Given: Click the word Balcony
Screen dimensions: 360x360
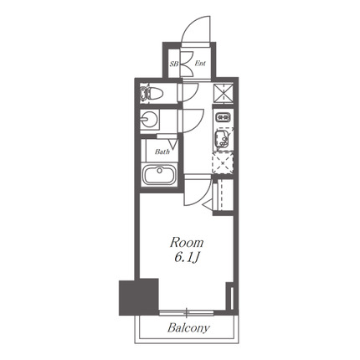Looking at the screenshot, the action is pos(188,327).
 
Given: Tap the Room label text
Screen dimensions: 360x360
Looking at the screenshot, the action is pos(187,243).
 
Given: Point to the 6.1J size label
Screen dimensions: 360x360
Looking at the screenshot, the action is pos(187,258).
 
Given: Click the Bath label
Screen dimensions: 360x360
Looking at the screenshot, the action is pos(162,152).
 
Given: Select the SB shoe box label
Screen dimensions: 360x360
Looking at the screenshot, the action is pos(174,64).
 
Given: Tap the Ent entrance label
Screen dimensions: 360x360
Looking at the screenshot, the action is pos(200,64).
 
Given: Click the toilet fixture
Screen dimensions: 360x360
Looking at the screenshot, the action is pos(151,93).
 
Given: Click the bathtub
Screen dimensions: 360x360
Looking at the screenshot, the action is pos(159,174).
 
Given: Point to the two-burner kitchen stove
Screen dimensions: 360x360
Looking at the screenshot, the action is pos(223,117).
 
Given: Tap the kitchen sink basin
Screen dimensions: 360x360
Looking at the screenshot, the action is pos(223,139).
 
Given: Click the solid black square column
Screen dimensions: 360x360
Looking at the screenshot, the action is pos(139,297).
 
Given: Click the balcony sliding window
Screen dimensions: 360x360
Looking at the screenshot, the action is pos(187,313).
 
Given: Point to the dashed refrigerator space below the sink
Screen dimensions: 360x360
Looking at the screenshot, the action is pos(223,163).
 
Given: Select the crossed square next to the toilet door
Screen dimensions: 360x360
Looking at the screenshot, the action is pos(224,91).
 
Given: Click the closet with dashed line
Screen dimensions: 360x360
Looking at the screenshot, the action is pos(224,195).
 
